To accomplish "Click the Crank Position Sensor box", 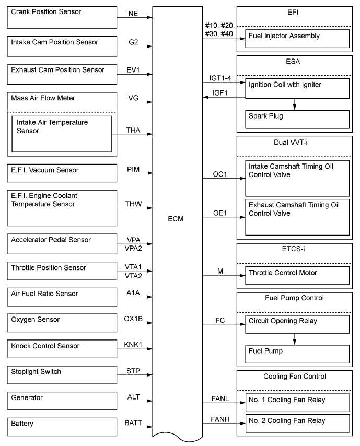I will click(61, 17).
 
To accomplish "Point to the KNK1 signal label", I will click(133, 345).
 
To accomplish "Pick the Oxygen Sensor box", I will click(61, 323).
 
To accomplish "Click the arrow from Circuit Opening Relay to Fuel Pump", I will click(295, 339).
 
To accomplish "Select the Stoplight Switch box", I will click(61, 374).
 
